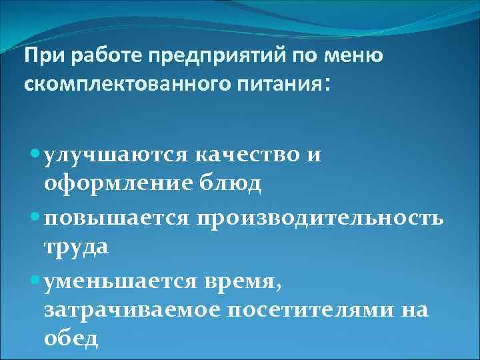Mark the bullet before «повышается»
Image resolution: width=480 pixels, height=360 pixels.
tap(34, 217)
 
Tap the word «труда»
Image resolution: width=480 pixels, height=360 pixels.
tap(75, 247)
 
